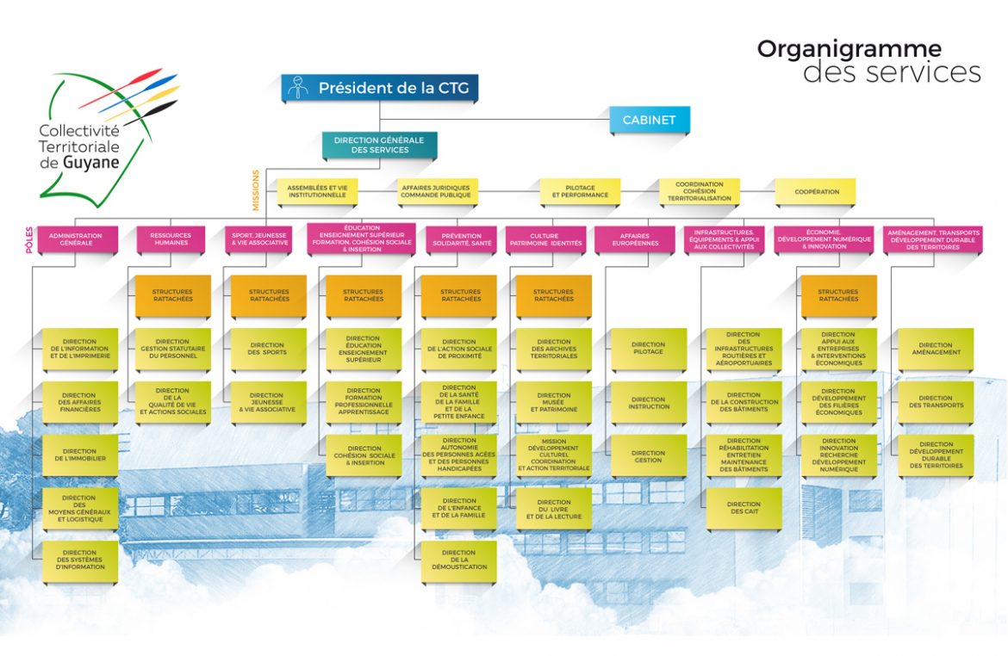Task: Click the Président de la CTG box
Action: (x=379, y=88)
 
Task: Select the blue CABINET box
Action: (x=650, y=120)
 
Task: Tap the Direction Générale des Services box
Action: (x=379, y=145)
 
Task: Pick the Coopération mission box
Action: (x=814, y=192)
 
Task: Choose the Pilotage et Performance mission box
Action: (x=580, y=192)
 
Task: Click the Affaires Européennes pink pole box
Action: (x=639, y=239)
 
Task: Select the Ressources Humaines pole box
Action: (x=171, y=239)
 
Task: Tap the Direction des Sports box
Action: (x=267, y=349)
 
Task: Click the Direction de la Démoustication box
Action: (x=458, y=560)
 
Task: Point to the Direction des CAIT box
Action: (x=743, y=508)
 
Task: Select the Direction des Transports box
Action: (x=935, y=402)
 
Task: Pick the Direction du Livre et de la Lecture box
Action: (x=553, y=508)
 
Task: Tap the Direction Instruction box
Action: (x=648, y=402)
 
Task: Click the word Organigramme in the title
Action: (x=849, y=49)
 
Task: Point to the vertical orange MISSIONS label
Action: (x=255, y=189)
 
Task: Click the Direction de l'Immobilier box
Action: (x=79, y=455)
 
